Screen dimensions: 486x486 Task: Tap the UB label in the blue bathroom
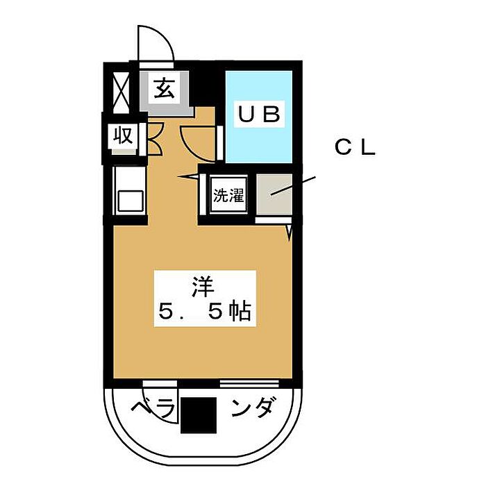point(260,115)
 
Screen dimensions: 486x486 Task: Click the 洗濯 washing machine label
point(228,196)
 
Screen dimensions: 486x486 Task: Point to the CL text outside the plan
point(355,148)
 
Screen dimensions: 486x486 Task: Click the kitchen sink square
point(130,201)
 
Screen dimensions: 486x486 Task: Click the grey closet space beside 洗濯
point(273,196)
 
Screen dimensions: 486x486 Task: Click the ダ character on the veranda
point(268,407)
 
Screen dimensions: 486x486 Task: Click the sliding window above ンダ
point(249,382)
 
